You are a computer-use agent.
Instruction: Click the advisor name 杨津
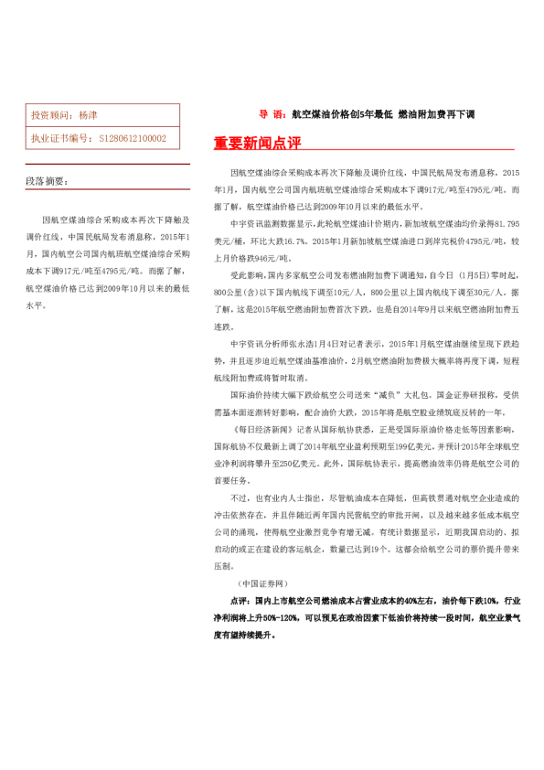tap(89, 116)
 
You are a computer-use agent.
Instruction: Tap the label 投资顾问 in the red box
tap(50, 116)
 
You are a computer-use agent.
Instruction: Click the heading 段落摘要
tap(45, 181)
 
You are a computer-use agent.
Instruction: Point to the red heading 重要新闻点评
tap(257, 144)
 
